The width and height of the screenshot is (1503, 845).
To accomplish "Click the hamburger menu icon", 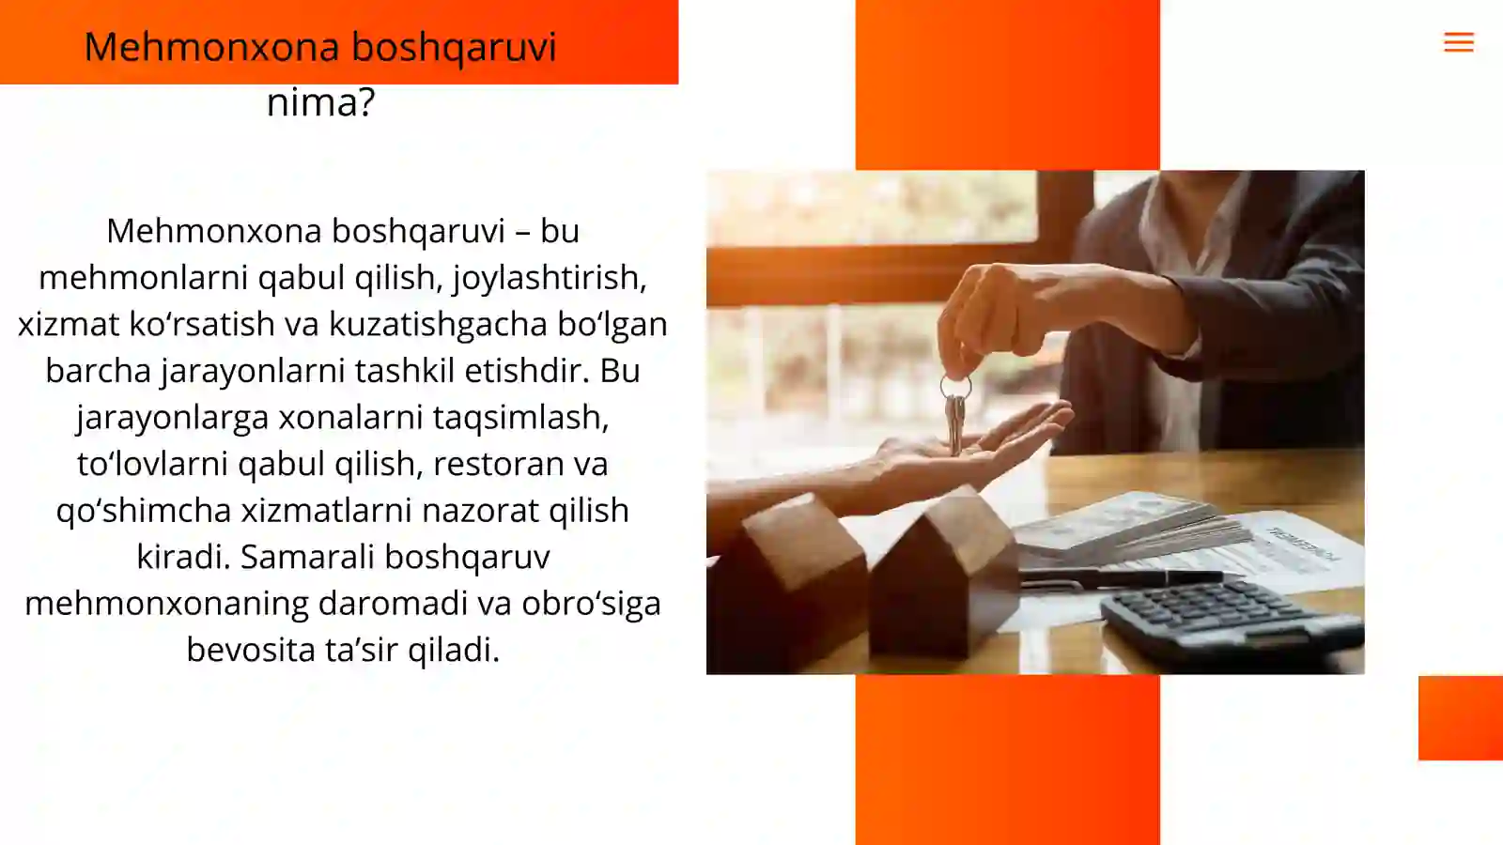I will click(x=1458, y=42).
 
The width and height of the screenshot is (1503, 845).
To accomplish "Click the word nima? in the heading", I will click(x=320, y=101).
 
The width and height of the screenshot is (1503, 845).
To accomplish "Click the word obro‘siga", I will click(x=591, y=603).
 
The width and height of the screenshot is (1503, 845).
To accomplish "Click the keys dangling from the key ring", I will click(x=955, y=422).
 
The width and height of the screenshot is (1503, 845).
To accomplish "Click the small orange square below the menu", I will click(x=1460, y=717).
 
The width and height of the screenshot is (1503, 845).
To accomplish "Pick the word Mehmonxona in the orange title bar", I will click(x=211, y=47).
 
